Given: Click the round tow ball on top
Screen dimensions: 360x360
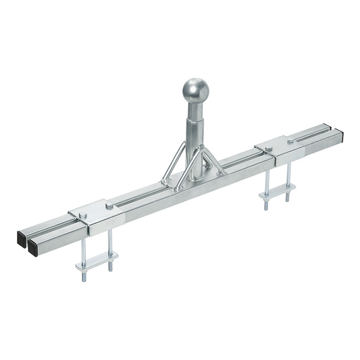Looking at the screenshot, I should pyautogui.click(x=196, y=91).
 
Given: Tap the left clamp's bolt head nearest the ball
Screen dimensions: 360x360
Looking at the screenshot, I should pyautogui.click(x=109, y=206).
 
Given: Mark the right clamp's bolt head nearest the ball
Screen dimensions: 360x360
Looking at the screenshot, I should pyautogui.click(x=269, y=148).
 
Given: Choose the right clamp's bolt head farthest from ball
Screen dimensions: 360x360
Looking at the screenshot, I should pyautogui.click(x=291, y=141).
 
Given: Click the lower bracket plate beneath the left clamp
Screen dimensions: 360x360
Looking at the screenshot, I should pyautogui.click(x=97, y=261).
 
